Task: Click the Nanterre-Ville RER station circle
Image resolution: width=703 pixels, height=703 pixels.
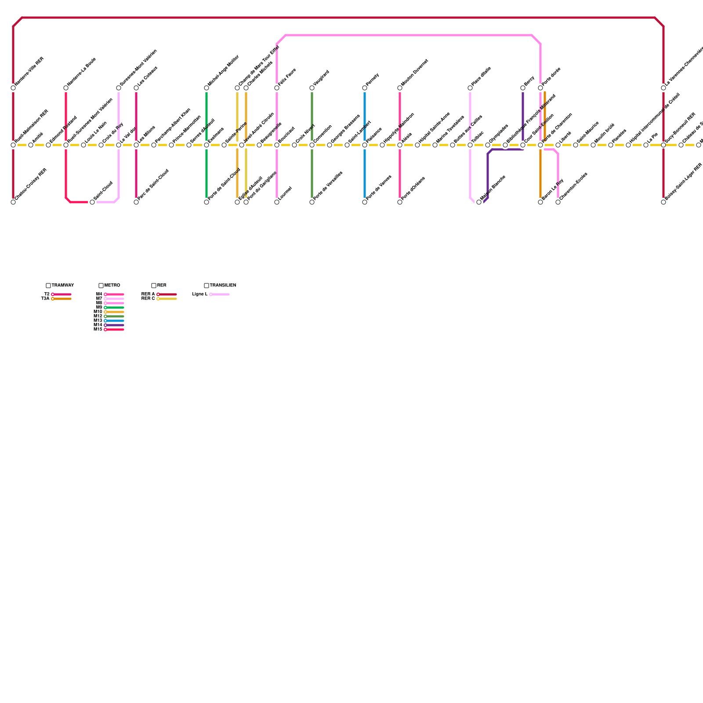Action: click(x=13, y=88)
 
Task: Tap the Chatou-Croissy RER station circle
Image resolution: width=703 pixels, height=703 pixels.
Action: click(x=13, y=202)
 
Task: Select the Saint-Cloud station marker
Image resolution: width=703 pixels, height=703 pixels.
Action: click(x=92, y=202)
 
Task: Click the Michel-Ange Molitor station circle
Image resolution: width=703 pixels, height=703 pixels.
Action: click(x=207, y=88)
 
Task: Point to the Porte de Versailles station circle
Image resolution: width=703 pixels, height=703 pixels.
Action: click(x=312, y=202)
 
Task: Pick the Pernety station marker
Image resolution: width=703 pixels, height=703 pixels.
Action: click(x=365, y=88)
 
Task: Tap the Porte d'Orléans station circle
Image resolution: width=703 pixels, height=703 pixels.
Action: click(x=400, y=202)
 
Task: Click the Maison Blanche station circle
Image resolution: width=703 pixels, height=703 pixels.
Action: click(x=479, y=202)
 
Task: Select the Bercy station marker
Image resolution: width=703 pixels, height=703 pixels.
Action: click(x=523, y=88)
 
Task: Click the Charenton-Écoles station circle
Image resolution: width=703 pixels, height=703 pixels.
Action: click(x=558, y=202)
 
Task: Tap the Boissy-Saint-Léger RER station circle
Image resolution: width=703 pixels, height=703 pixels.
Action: click(x=663, y=202)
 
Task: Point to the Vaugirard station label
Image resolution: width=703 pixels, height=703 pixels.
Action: click(x=321, y=78)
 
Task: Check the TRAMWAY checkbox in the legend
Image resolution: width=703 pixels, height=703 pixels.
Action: click(x=48, y=286)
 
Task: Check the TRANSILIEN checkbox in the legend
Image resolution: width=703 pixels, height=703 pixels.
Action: click(x=207, y=286)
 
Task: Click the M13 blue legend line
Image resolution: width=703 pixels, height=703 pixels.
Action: click(x=115, y=321)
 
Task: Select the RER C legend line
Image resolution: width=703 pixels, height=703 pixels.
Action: click(x=168, y=299)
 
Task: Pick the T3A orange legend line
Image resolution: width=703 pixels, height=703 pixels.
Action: click(x=62, y=299)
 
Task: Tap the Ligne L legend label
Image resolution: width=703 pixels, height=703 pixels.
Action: click(x=200, y=294)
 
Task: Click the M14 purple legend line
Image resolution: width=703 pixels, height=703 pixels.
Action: click(x=115, y=325)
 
